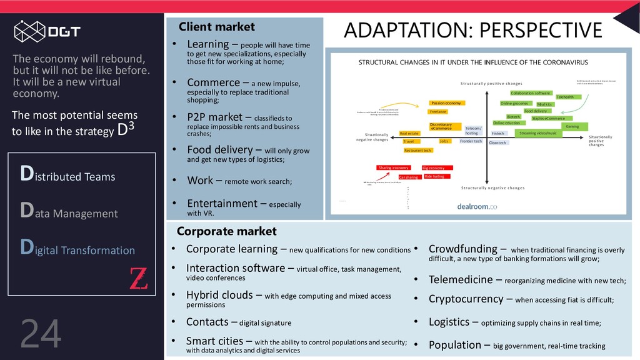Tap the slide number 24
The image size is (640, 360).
[x=41, y=334]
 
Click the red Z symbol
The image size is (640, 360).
[x=138, y=277]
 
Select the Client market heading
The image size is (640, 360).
[x=217, y=27]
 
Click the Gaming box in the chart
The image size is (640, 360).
[x=572, y=126]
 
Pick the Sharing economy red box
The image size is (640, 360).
[x=393, y=167]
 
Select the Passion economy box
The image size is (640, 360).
[x=446, y=102]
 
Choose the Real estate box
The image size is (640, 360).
[x=409, y=133]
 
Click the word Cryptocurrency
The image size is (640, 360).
[x=466, y=299]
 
